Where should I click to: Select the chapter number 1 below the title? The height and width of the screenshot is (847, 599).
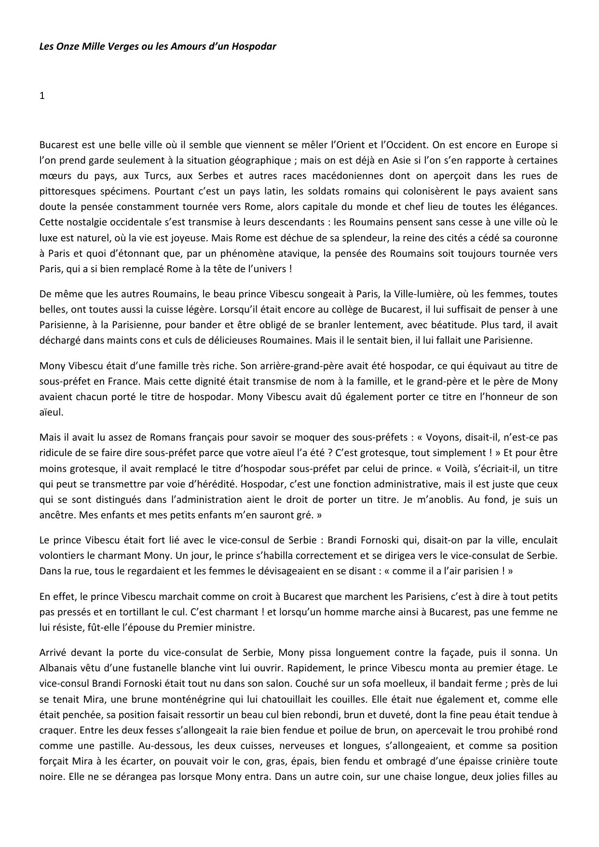click(42, 96)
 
